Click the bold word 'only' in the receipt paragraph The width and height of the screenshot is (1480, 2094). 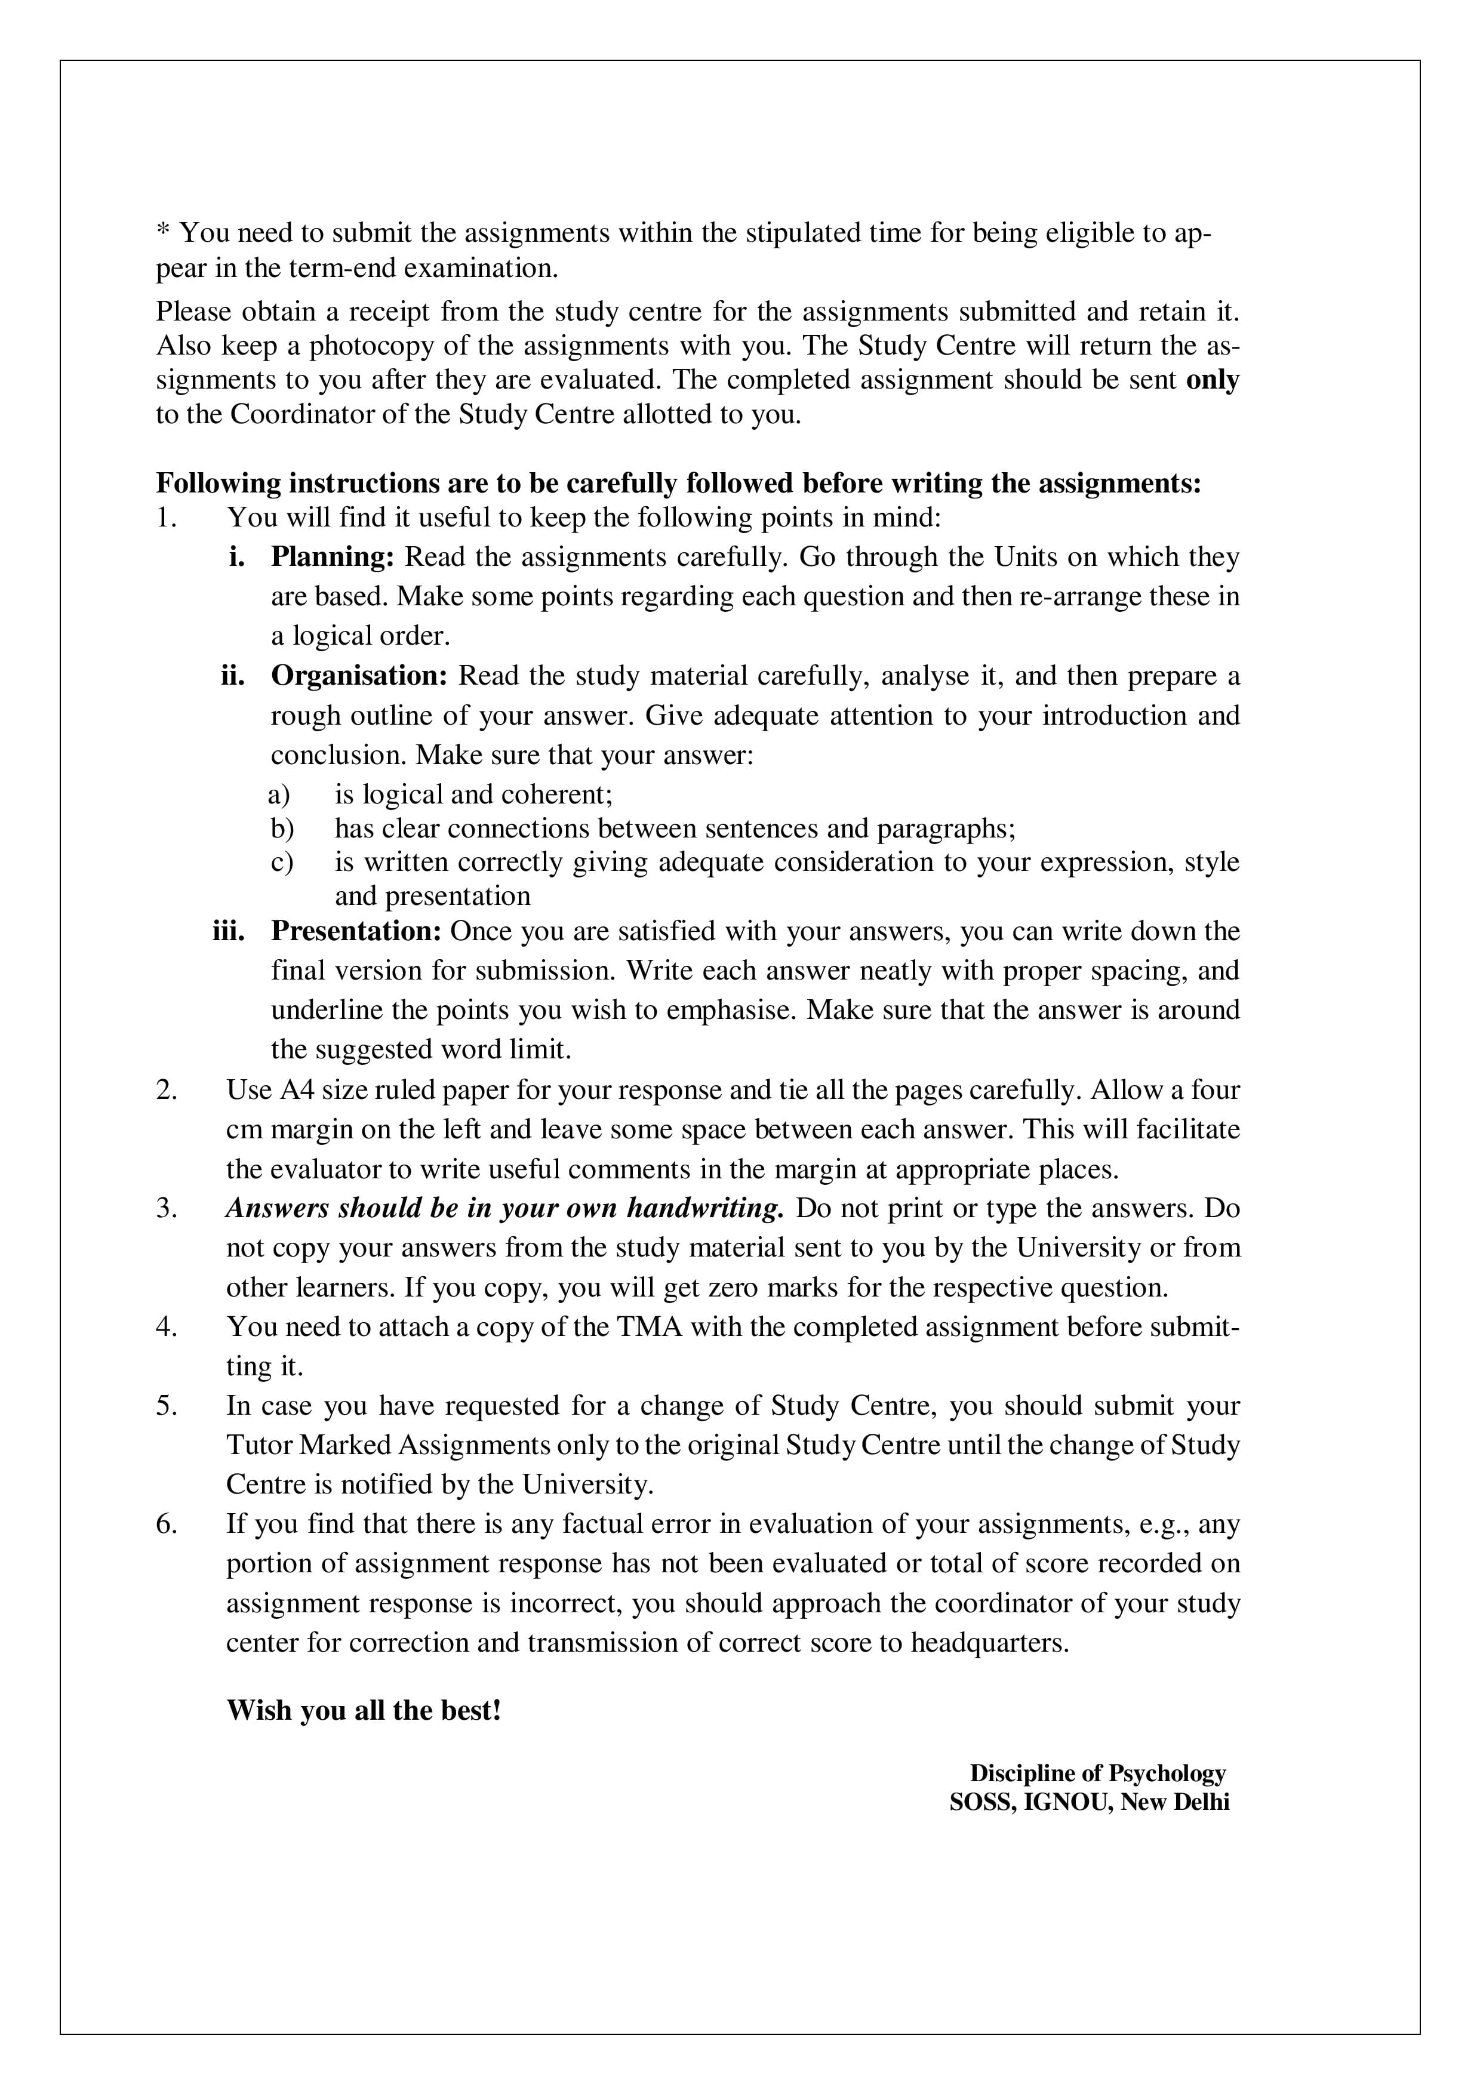point(1212,380)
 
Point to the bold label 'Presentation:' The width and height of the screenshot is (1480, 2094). point(356,931)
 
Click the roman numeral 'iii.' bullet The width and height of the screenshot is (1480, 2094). point(229,931)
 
